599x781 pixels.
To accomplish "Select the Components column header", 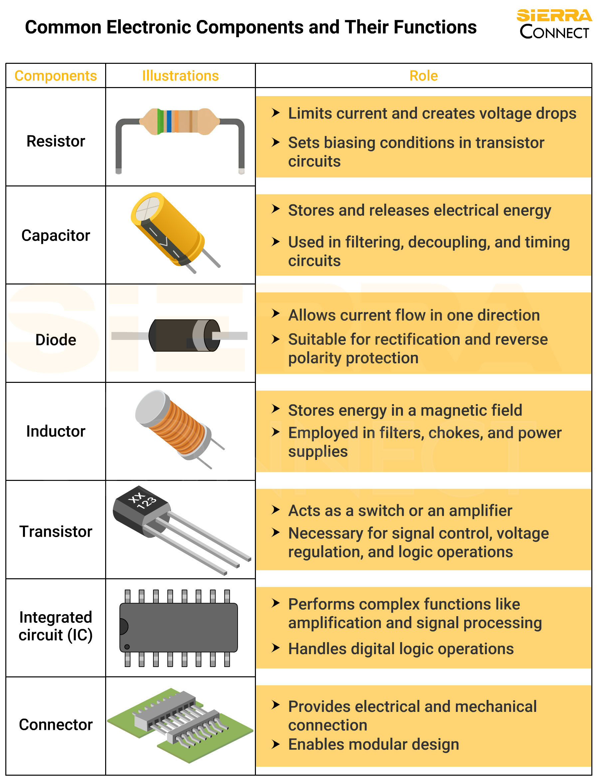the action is pyautogui.click(x=56, y=76).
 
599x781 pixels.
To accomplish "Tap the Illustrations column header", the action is pyautogui.click(x=180, y=76).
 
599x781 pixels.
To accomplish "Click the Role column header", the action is pyautogui.click(x=424, y=76).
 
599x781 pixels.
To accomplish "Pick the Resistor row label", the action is pyautogui.click(x=56, y=141).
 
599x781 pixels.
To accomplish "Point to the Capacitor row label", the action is pyautogui.click(x=56, y=236).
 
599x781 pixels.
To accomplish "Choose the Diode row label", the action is pyautogui.click(x=56, y=340).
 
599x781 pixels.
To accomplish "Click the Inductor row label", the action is pyautogui.click(x=56, y=431).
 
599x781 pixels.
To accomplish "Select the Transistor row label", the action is pyautogui.click(x=56, y=531).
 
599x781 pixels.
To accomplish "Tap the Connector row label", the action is pyautogui.click(x=56, y=725).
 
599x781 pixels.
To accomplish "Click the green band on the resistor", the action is pyautogui.click(x=160, y=122).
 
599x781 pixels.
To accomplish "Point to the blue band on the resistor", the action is pyautogui.click(x=169, y=122).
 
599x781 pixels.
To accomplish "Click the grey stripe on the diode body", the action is pyautogui.click(x=199, y=335).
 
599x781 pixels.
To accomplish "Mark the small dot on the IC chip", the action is pyautogui.click(x=127, y=647).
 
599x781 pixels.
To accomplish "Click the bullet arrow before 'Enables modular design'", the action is pyautogui.click(x=275, y=744).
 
